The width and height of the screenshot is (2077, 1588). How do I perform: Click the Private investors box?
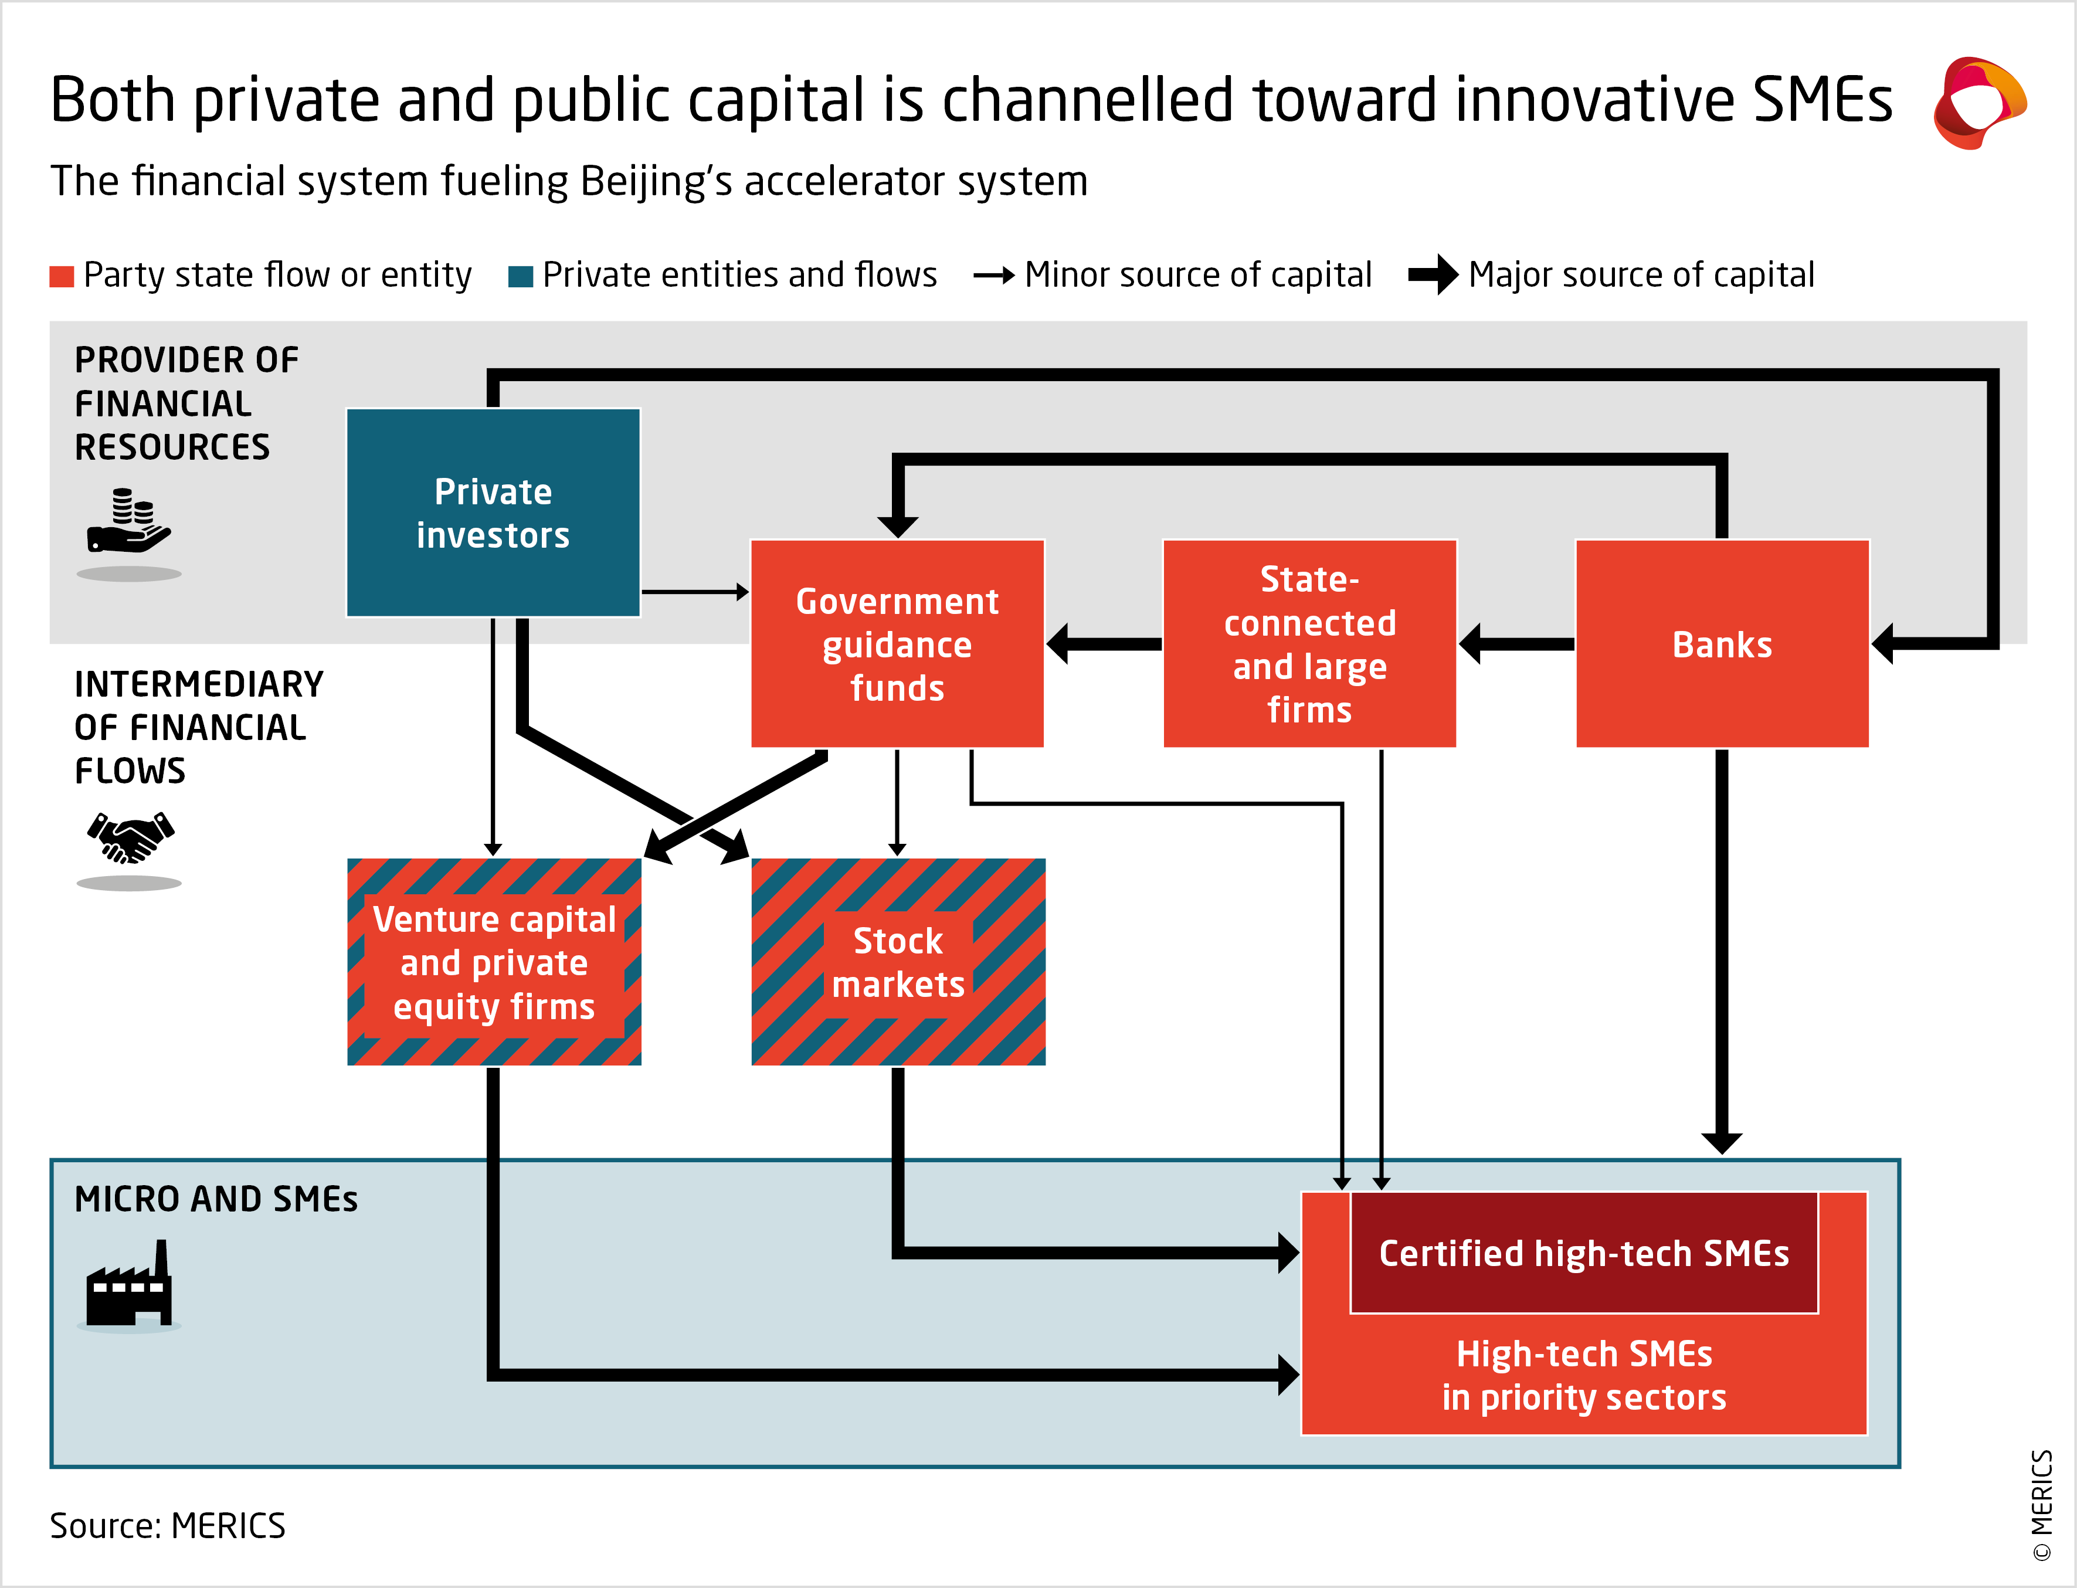(x=493, y=513)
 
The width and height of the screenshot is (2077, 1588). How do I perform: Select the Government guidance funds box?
(x=897, y=644)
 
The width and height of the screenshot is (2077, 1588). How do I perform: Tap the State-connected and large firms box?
(x=1309, y=644)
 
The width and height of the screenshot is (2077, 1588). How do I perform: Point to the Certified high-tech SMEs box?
(x=1584, y=1253)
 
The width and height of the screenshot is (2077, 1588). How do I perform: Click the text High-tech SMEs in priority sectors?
(x=1584, y=1375)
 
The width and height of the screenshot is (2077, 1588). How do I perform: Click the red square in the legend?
(x=62, y=276)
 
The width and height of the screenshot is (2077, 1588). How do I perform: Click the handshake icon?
(x=130, y=837)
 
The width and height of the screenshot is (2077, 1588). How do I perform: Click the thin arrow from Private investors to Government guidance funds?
(x=694, y=592)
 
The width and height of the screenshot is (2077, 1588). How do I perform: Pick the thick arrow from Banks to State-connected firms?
(x=1516, y=644)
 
